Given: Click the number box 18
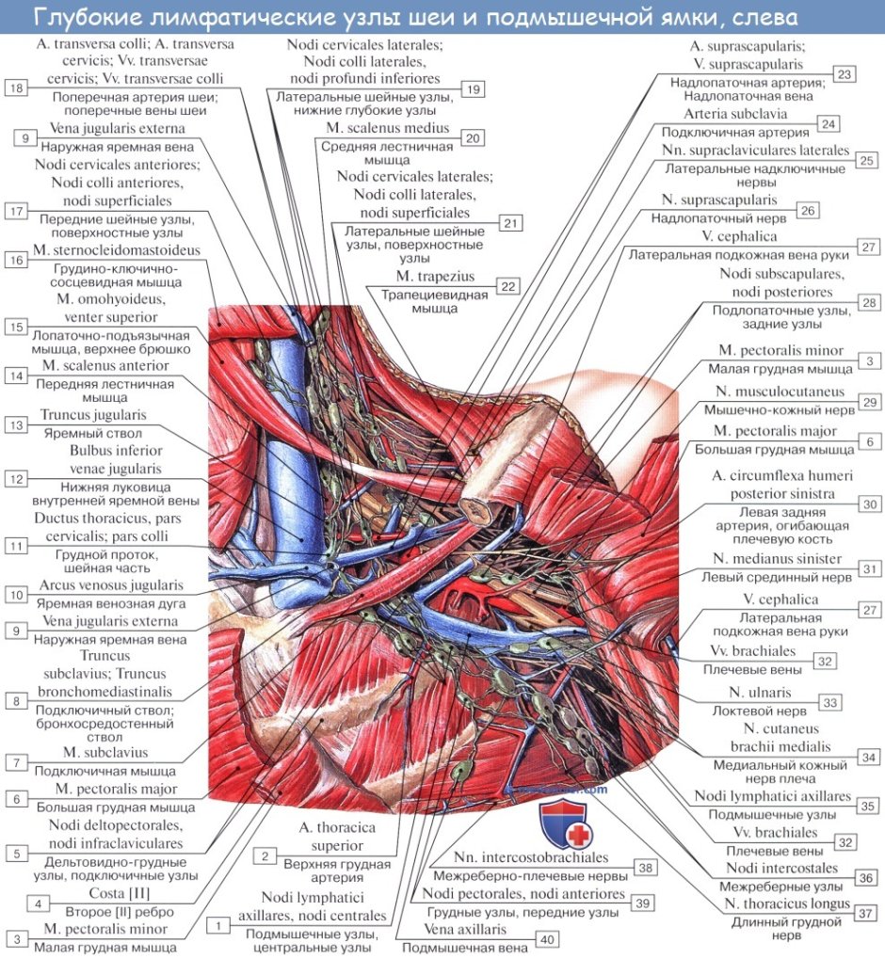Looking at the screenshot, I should [x=17, y=88].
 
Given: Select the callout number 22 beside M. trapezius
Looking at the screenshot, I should [x=507, y=286].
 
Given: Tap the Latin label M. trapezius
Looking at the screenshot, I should [x=435, y=277].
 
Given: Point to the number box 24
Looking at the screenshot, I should [x=828, y=124].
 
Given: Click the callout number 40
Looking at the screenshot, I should [x=547, y=938].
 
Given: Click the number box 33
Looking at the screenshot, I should [x=829, y=702].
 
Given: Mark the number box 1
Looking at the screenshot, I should [x=218, y=925].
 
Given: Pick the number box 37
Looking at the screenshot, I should [x=867, y=912].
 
